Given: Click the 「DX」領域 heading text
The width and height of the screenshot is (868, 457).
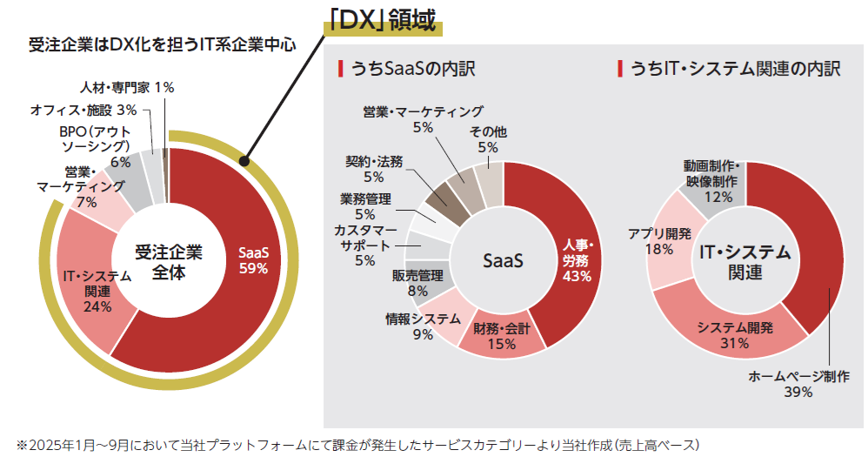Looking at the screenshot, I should [x=382, y=20].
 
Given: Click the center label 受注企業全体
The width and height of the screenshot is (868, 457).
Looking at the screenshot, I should [x=169, y=262].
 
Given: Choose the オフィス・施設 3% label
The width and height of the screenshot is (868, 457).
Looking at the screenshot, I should [x=83, y=111].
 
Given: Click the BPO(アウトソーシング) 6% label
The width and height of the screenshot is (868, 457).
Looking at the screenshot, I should [x=95, y=145].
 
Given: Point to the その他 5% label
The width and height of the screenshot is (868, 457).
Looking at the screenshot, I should [x=488, y=139].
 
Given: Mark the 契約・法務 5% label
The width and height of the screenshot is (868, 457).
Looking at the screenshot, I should [x=373, y=169].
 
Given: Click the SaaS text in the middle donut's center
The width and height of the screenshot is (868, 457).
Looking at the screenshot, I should [x=502, y=260].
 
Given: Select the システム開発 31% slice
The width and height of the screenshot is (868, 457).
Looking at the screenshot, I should [x=735, y=335].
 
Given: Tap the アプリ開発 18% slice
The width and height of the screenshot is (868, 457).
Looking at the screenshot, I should [x=661, y=241].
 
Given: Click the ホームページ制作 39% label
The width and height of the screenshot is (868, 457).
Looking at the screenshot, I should [x=799, y=384].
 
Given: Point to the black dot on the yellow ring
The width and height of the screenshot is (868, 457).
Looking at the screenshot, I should [x=246, y=161].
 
